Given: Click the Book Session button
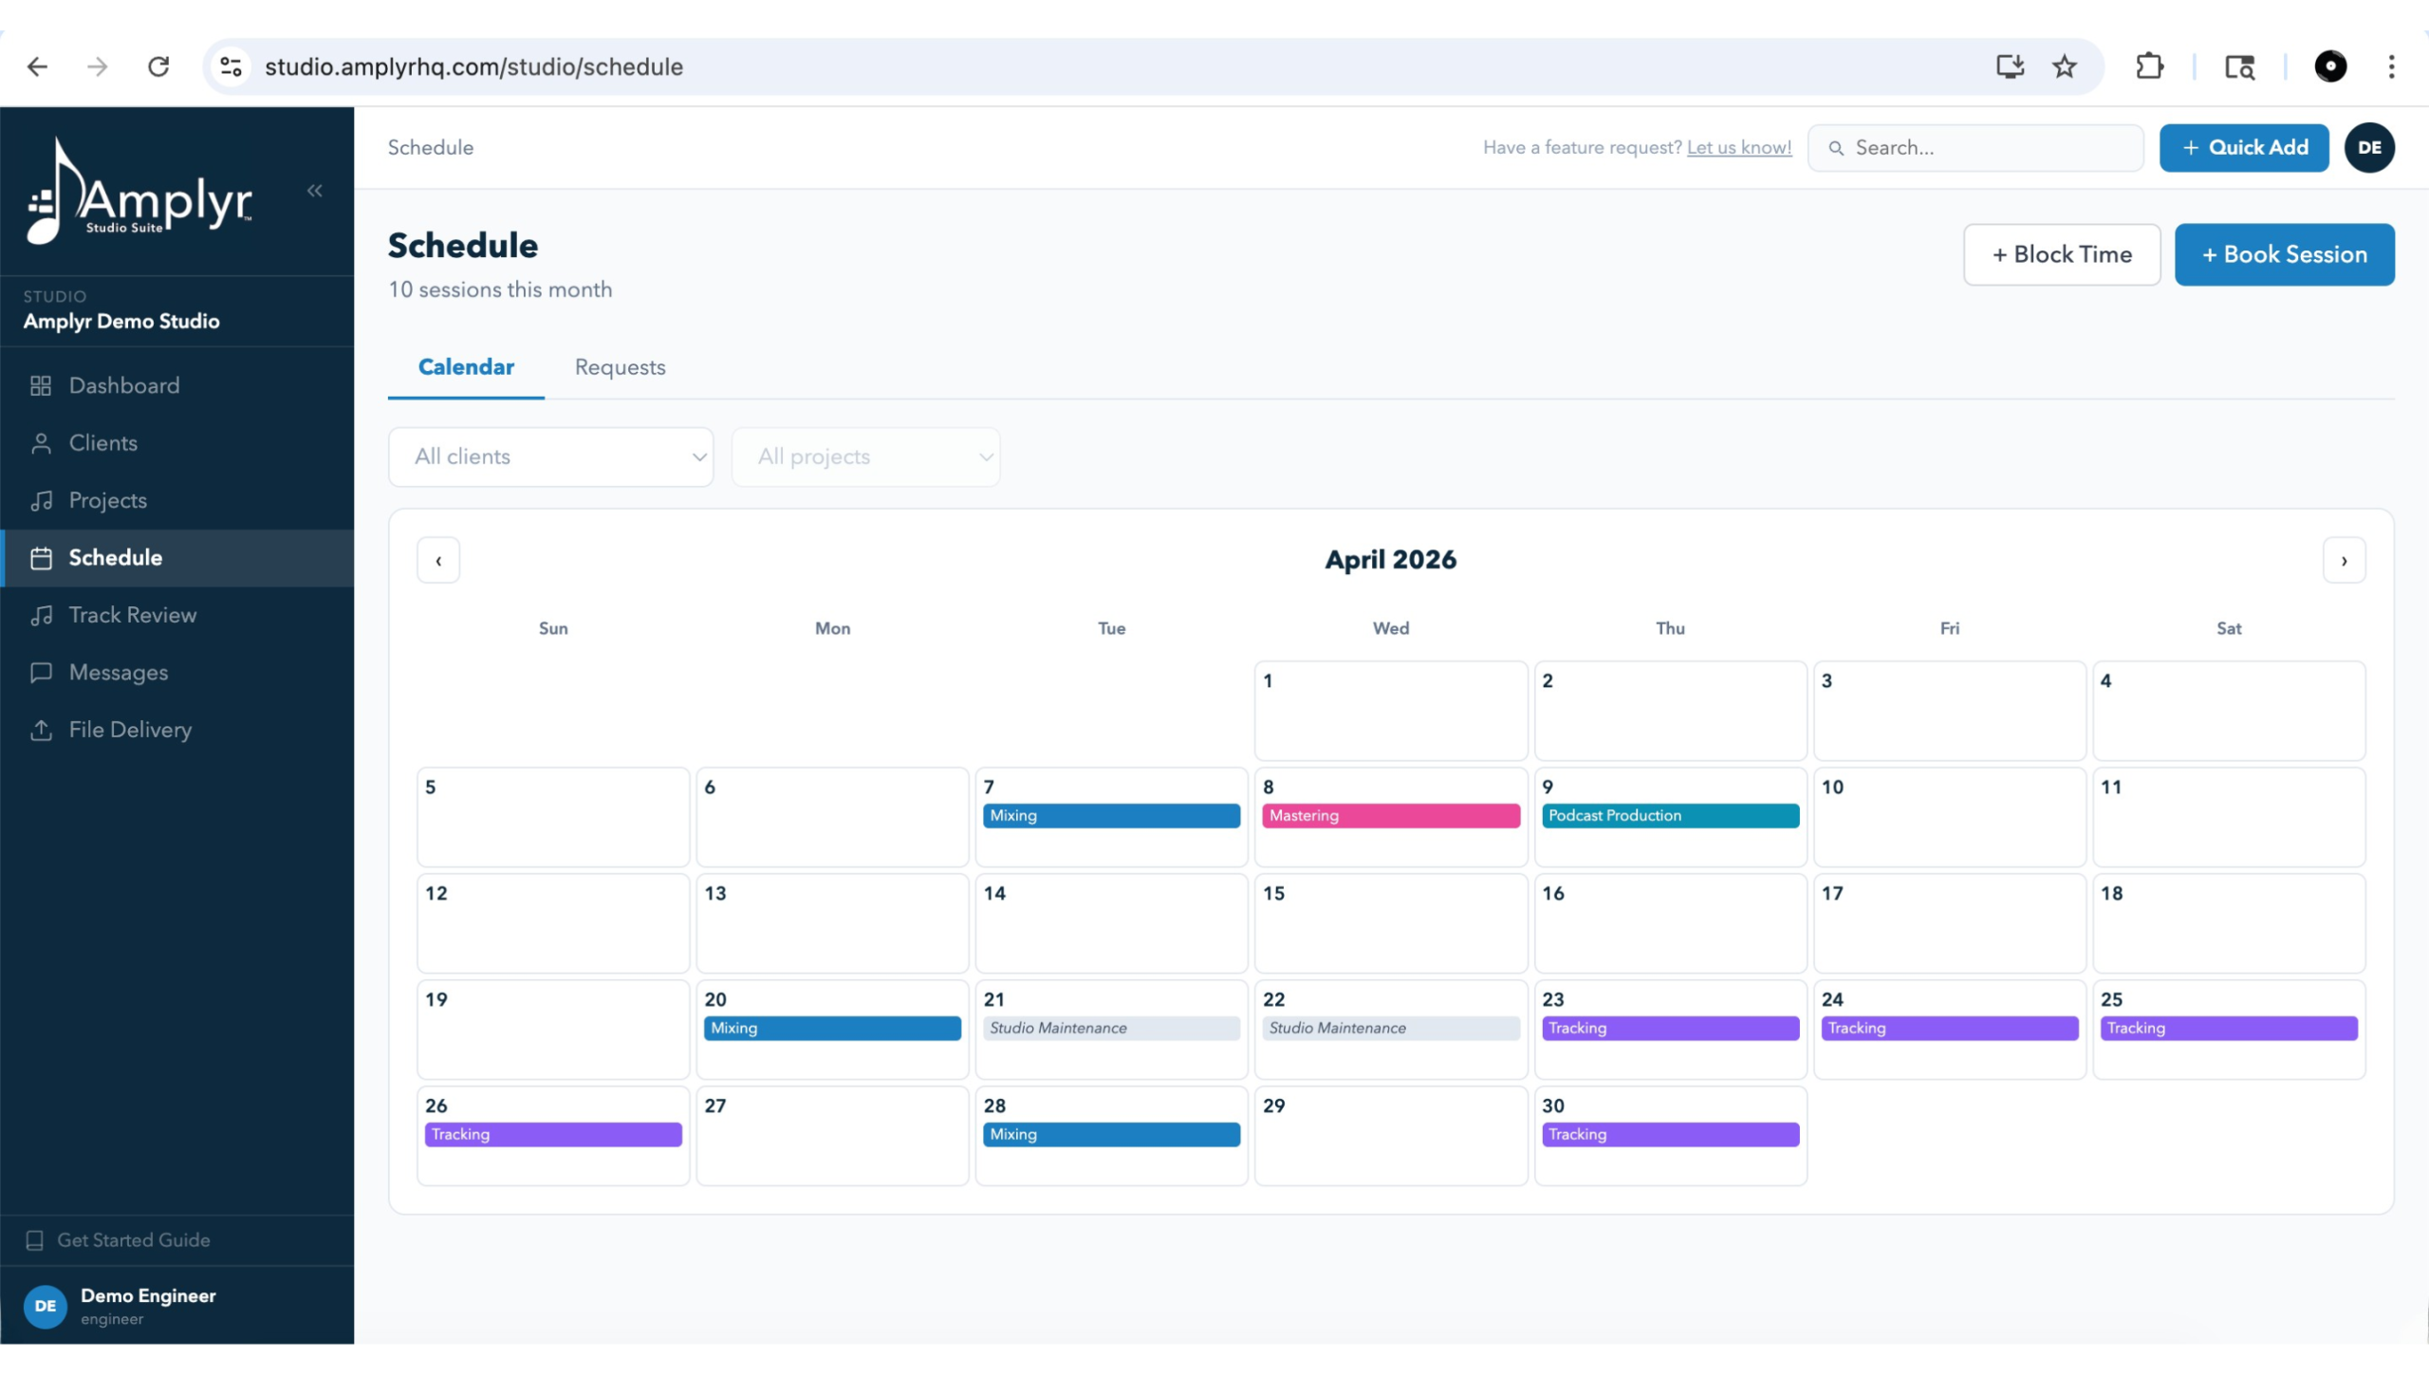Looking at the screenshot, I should (x=2283, y=254).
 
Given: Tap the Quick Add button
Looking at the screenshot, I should (x=2243, y=147).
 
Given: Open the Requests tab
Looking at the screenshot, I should (x=620, y=367).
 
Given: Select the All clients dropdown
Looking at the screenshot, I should (x=550, y=456).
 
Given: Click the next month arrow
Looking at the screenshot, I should (x=2343, y=560).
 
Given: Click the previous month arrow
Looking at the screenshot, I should (x=438, y=560).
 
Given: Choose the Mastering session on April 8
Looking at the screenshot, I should (x=1390, y=815).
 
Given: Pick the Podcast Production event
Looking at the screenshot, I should (x=1669, y=815).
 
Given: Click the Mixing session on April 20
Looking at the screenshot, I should (x=831, y=1028).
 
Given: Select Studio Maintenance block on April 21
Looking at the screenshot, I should (x=1110, y=1028).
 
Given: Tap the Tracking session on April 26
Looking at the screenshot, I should (x=552, y=1134).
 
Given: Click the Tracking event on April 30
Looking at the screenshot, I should (x=1669, y=1134).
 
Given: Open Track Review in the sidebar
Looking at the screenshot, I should (x=132, y=615).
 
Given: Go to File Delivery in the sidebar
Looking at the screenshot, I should (x=130, y=730).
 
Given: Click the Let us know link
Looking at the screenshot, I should (x=1738, y=147).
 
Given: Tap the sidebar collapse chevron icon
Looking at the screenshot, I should (x=315, y=191).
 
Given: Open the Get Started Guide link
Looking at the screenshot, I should (x=133, y=1239).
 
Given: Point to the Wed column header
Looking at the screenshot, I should (x=1390, y=628).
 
